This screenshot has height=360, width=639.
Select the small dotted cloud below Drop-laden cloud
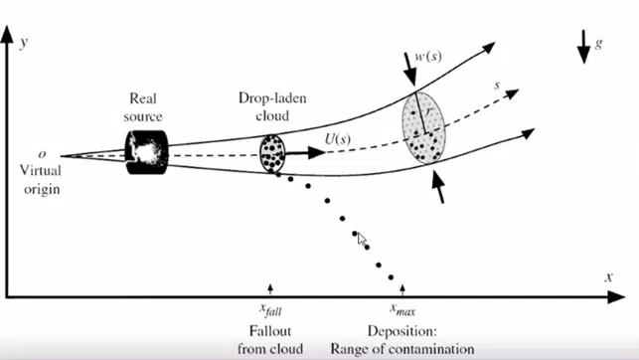click(272, 154)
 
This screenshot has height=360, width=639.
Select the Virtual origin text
click(39, 178)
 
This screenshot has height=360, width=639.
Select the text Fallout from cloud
click(269, 339)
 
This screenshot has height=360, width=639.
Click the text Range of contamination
click(403, 348)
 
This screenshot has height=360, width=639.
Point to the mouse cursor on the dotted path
click(362, 239)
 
